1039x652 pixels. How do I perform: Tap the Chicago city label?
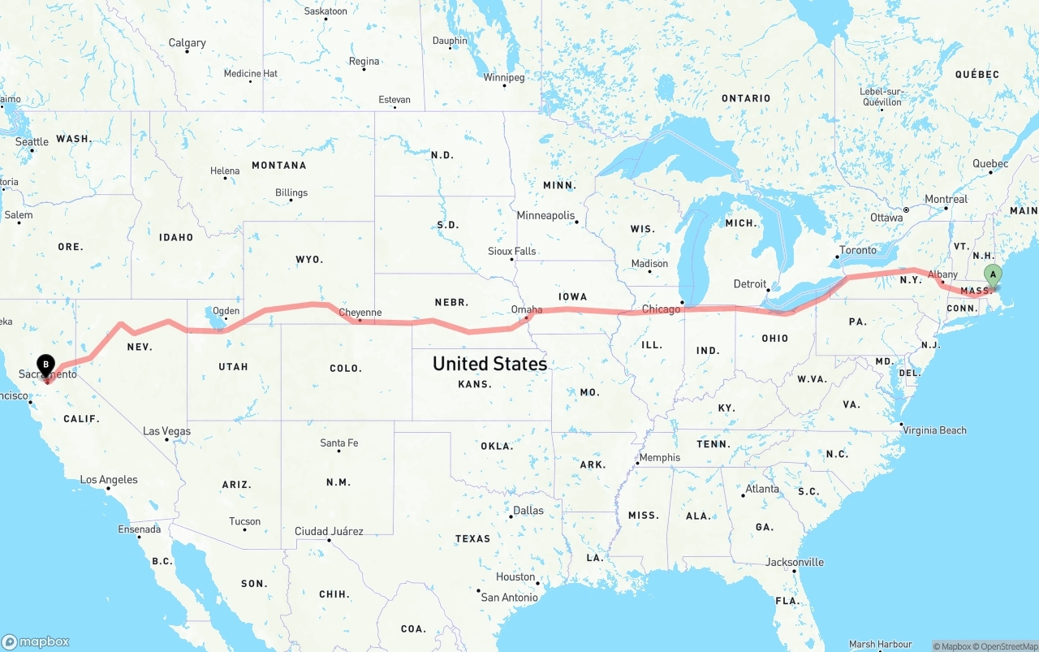point(661,309)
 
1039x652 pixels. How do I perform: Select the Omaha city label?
point(526,309)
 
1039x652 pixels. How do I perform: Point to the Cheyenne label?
point(360,313)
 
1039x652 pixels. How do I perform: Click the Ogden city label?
point(226,311)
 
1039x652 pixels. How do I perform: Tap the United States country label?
point(489,363)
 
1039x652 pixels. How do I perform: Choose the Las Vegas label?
point(166,431)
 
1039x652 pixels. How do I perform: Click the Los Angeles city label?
point(109,480)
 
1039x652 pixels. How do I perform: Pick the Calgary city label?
point(187,43)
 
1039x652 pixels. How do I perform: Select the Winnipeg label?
point(504,78)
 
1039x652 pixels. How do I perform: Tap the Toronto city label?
point(858,250)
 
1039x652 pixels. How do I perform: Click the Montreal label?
point(946,199)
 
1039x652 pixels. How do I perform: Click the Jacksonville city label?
point(794,562)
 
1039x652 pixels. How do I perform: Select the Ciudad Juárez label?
point(329,532)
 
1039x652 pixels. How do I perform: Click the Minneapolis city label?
point(546,216)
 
